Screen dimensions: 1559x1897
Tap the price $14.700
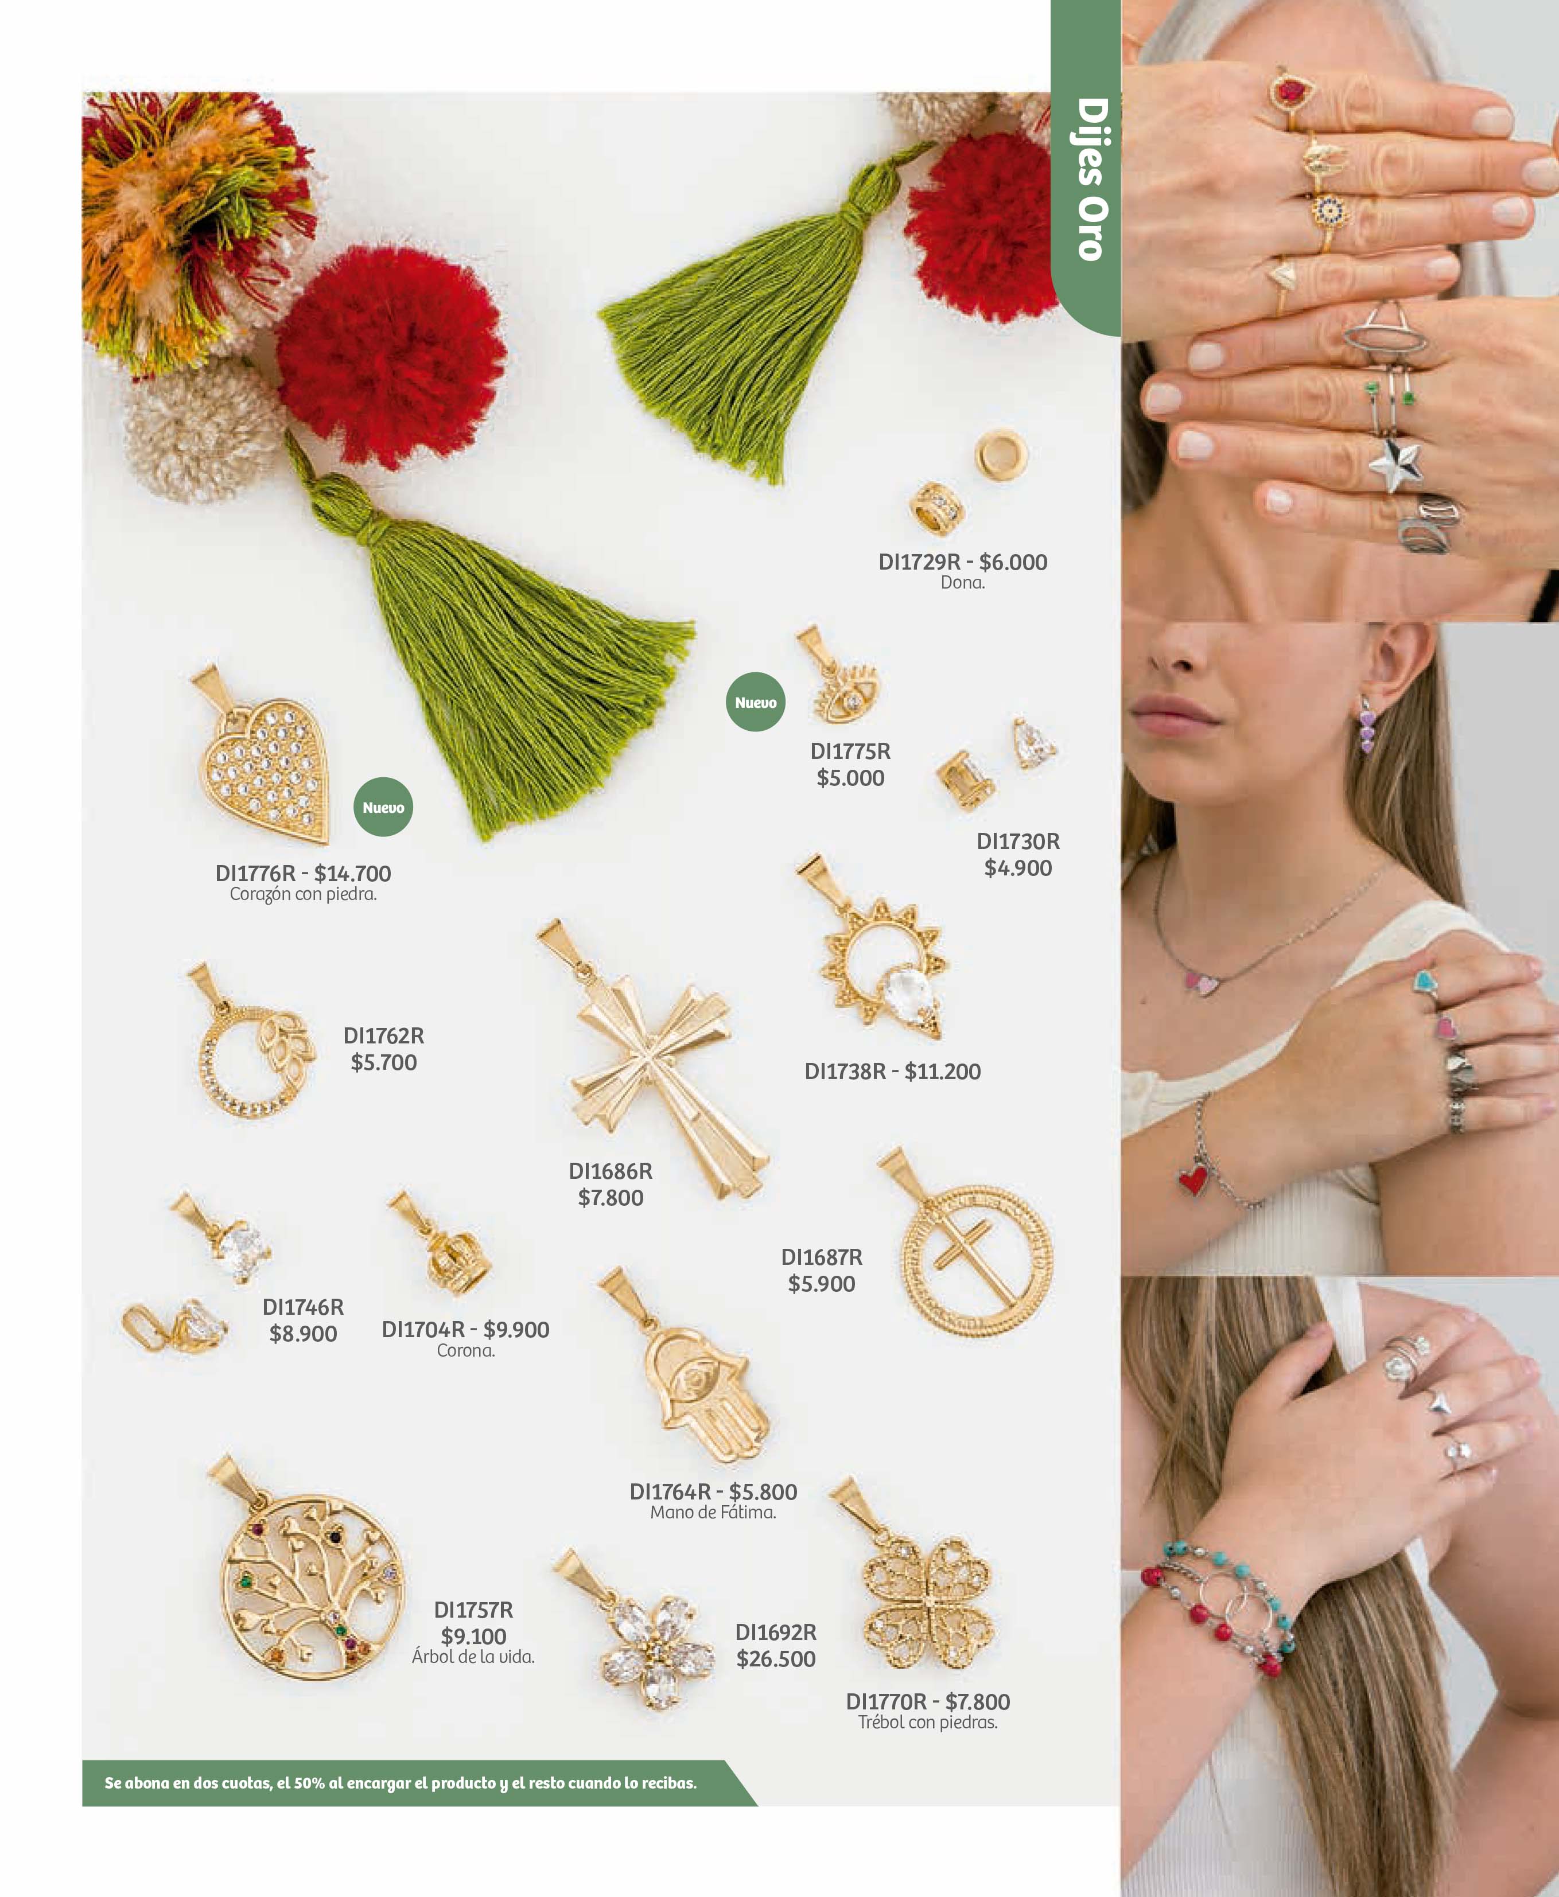coord(352,874)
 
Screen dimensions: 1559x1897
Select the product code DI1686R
coord(611,1171)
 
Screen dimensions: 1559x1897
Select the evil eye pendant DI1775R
coord(839,678)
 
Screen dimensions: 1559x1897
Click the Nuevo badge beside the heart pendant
coord(383,807)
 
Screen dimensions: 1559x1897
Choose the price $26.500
coord(776,1659)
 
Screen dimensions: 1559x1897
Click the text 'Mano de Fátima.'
coord(713,1513)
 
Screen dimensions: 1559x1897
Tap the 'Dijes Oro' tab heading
coord(1092,180)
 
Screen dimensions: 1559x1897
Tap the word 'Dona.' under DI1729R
coord(963,583)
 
